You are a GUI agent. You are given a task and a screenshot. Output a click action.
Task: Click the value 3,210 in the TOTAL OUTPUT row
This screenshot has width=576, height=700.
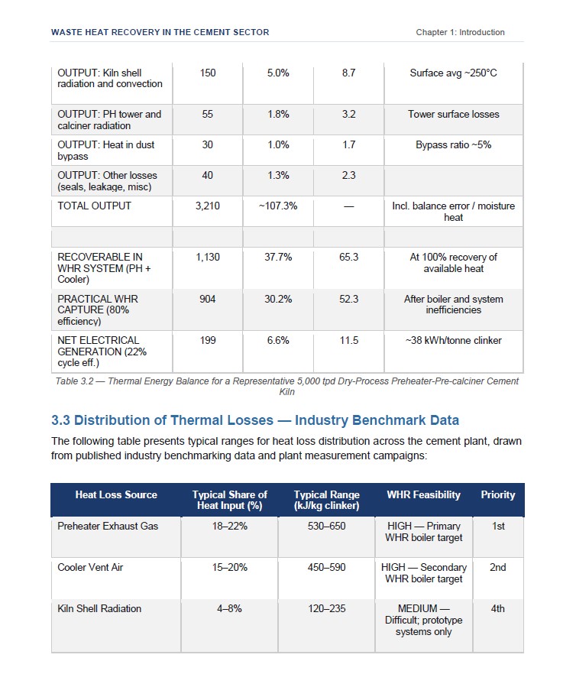[x=208, y=206]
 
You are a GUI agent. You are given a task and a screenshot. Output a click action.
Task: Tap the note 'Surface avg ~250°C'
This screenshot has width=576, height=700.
[x=453, y=73]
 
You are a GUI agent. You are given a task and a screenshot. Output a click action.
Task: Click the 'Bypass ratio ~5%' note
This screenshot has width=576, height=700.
[x=453, y=144]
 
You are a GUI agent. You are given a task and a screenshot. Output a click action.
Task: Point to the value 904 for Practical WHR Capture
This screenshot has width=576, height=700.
[x=208, y=299]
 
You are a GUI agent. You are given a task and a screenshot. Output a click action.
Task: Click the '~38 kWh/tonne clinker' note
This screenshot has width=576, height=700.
[x=453, y=340]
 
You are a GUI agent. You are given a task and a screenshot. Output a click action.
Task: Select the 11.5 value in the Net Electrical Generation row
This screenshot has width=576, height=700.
[x=349, y=340]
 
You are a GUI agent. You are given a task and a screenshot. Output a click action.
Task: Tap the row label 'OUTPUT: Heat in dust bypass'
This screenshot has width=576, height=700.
[x=105, y=151]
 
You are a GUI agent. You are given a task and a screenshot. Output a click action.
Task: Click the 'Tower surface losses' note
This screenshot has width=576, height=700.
[x=453, y=115]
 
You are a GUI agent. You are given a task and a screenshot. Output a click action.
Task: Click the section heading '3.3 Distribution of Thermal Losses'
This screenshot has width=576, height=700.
[x=163, y=420]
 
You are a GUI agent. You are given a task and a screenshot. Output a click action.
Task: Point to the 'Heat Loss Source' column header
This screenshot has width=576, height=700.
[x=116, y=494]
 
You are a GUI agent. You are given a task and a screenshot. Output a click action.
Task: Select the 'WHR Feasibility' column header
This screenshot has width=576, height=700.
[x=423, y=494]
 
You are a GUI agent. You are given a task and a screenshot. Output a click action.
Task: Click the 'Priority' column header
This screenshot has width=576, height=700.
[x=498, y=494]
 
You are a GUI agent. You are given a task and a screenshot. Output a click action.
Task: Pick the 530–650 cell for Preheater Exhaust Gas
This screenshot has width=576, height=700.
[x=327, y=526]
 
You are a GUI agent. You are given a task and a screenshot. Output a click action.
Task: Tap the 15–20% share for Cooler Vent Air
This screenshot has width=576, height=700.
[x=230, y=567]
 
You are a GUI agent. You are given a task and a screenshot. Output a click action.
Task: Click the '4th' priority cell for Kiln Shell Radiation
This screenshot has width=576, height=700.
[x=498, y=608]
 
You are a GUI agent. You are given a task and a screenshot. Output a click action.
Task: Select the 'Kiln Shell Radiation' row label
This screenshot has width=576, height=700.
[x=99, y=608]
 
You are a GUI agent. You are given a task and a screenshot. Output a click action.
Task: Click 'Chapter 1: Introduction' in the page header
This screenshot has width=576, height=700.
[x=461, y=32]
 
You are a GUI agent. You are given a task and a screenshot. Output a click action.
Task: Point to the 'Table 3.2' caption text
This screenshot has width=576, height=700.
[x=287, y=386]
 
